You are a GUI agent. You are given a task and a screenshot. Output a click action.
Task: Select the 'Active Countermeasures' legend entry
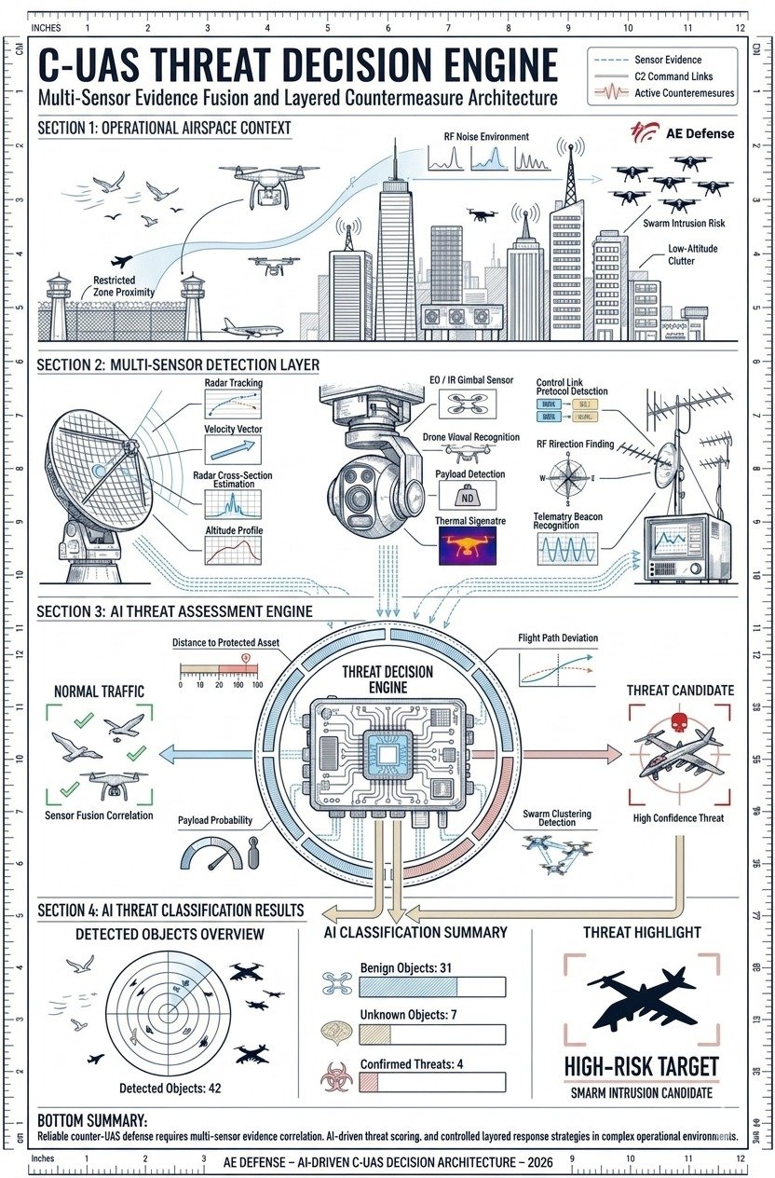(684, 93)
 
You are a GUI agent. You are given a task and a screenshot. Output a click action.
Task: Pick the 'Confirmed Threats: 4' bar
(431, 1082)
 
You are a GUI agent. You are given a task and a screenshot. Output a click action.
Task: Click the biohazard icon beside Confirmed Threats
(333, 1079)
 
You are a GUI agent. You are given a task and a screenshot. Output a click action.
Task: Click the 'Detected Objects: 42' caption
(170, 1088)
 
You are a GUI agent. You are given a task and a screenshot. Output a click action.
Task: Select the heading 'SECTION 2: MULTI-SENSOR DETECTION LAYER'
(177, 364)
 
